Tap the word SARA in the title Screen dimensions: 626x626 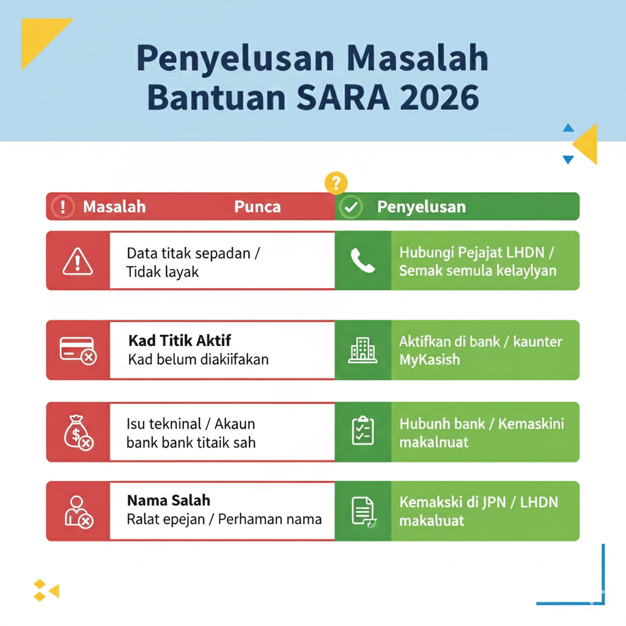[336, 97]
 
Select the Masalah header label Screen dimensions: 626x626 [114, 207]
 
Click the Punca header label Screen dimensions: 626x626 [257, 207]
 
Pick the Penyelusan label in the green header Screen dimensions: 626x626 [421, 207]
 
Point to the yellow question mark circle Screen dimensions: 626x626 [336, 182]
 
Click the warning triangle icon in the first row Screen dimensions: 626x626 [78, 261]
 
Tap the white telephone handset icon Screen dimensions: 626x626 [363, 261]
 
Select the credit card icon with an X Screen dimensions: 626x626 [78, 350]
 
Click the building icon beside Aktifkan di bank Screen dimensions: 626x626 [363, 350]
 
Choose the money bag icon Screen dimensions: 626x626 [78, 432]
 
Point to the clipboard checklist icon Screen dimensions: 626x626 [363, 431]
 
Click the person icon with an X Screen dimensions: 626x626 [78, 512]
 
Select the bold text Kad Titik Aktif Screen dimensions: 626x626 [180, 341]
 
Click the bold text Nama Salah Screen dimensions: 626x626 [169, 500]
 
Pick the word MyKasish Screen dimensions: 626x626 [429, 359]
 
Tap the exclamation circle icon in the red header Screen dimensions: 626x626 [62, 207]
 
